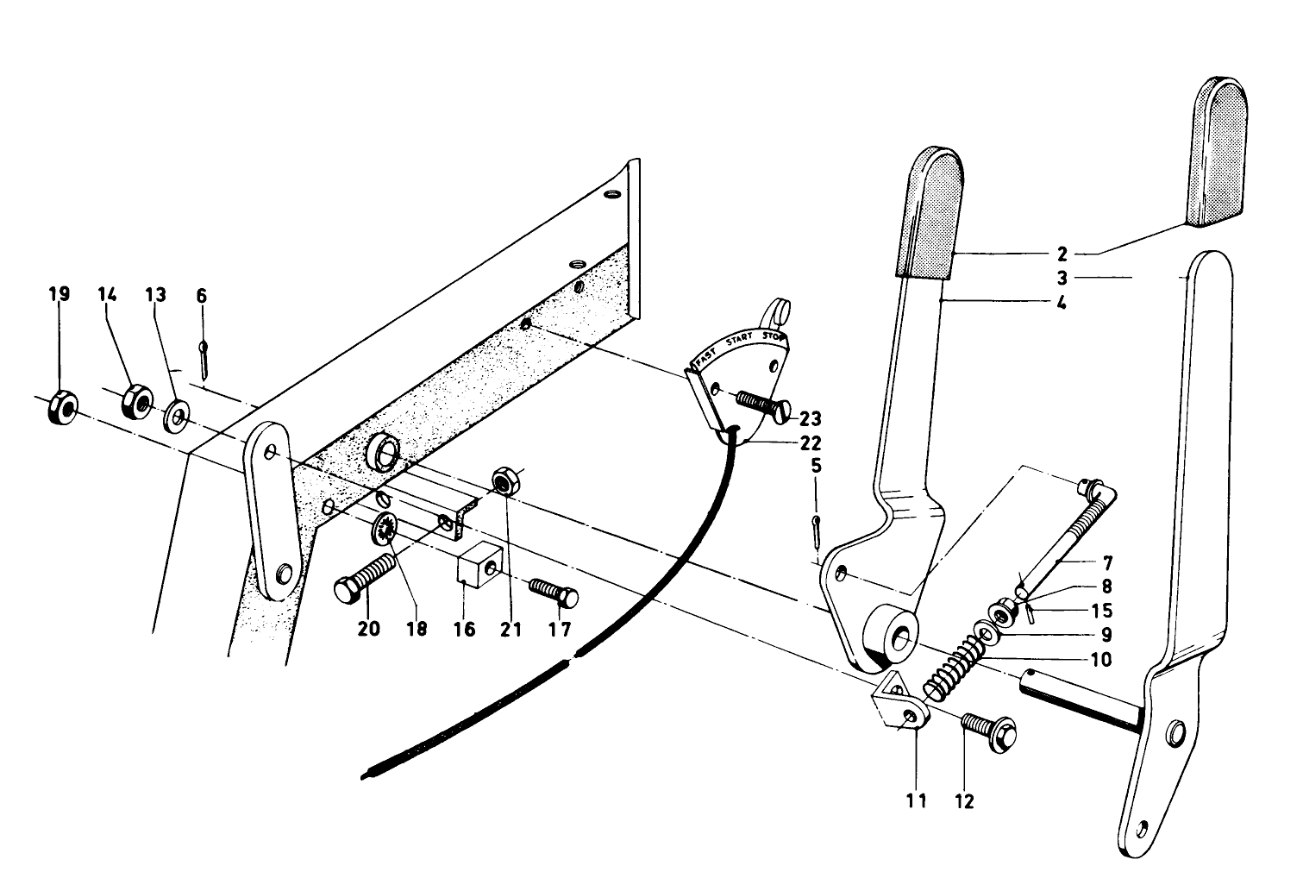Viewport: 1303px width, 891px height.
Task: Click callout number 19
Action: (x=59, y=295)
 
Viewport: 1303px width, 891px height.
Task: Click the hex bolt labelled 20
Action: (x=363, y=579)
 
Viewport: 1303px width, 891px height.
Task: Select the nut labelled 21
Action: (x=504, y=480)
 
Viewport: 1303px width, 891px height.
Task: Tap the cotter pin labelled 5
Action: (x=816, y=531)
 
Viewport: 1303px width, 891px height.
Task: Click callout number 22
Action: (x=810, y=443)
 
